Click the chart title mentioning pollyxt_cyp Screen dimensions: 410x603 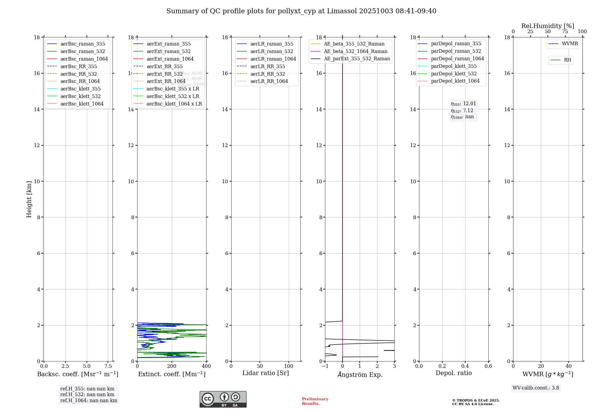coord(301,11)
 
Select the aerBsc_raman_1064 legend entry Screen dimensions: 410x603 coord(84,59)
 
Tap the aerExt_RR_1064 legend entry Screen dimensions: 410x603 coord(166,81)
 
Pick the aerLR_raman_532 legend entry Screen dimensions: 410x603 coord(271,51)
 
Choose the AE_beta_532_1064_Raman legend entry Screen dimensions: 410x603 coord(355,51)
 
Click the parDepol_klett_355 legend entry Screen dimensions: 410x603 coord(454,66)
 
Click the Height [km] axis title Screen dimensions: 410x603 coord(29,199)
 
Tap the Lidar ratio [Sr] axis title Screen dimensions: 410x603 coord(266,373)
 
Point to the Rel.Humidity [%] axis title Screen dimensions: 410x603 coord(548,26)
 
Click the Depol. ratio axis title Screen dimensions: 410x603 coord(453,373)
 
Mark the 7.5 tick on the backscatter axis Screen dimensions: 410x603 coord(108,366)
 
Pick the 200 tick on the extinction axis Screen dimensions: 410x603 coord(172,366)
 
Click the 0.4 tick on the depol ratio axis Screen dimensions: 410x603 coord(465,366)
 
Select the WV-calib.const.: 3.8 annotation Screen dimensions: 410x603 coord(536,388)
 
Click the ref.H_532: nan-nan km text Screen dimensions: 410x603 coord(87,394)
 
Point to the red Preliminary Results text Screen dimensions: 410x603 coord(315,401)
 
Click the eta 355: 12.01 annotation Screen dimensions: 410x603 coord(463,104)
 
